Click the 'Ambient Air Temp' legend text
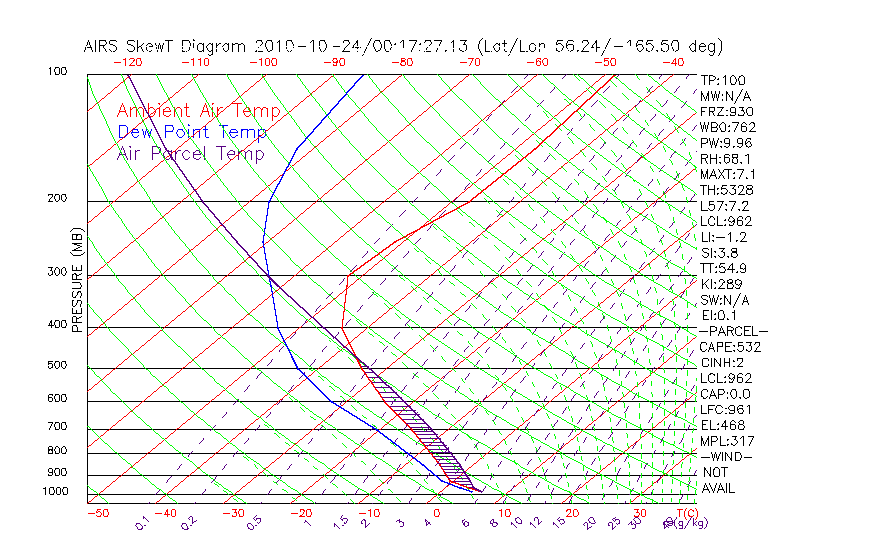[x=198, y=112]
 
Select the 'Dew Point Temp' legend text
[x=192, y=133]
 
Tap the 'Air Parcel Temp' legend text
[x=191, y=154]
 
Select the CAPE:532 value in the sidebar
[x=730, y=347]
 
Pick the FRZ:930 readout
[x=727, y=111]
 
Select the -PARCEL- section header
[x=733, y=331]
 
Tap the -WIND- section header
[x=726, y=456]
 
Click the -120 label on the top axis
[x=127, y=62]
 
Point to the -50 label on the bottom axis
[x=97, y=513]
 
